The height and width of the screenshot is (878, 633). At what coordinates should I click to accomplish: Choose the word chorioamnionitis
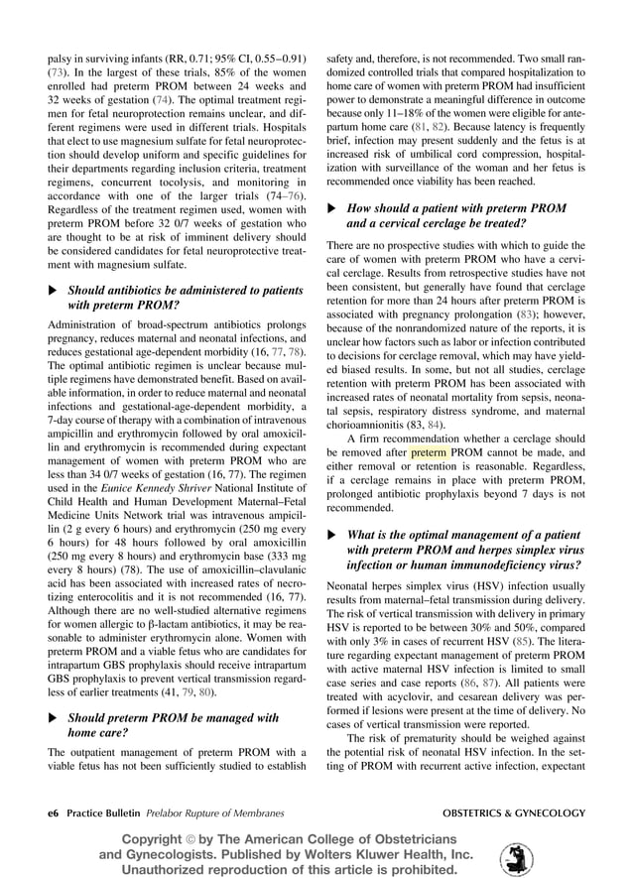[372, 426]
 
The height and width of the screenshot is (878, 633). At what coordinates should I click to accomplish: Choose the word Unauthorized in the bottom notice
[161, 870]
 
